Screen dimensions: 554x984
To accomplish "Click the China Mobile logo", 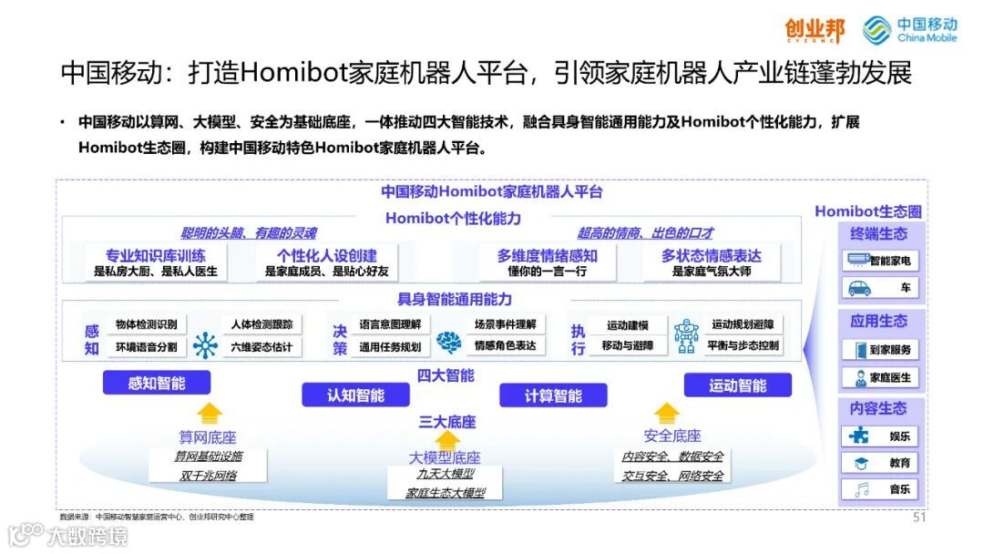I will pyautogui.click(x=909, y=29).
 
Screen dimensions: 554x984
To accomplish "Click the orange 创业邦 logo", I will pyautogui.click(x=815, y=30).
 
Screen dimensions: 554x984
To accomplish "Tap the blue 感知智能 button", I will pyautogui.click(x=157, y=383).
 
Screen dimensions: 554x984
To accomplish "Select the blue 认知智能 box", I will pyautogui.click(x=355, y=395).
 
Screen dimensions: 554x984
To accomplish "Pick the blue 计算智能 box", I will pyautogui.click(x=553, y=395).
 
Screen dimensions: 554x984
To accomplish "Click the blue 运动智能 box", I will pyautogui.click(x=738, y=385).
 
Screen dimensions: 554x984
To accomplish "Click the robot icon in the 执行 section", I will pyautogui.click(x=686, y=334).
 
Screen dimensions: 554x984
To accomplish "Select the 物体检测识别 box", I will pyautogui.click(x=146, y=324).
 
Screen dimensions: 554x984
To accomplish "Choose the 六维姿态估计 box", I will pyautogui.click(x=261, y=346).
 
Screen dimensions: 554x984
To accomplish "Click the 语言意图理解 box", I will pyautogui.click(x=390, y=324).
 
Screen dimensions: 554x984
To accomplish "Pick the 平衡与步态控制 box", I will pyautogui.click(x=743, y=346).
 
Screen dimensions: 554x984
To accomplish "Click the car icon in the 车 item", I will pyautogui.click(x=859, y=288).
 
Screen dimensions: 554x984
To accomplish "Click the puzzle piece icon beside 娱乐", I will pyautogui.click(x=859, y=436).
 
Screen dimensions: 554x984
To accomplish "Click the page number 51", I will pyautogui.click(x=919, y=518).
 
